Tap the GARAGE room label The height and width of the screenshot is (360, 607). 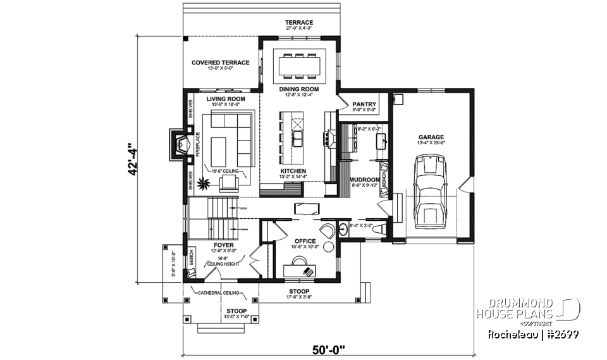point(431,137)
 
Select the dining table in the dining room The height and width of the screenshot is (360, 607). point(300,65)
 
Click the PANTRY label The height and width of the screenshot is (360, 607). point(364,104)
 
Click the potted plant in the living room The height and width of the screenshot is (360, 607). point(204,184)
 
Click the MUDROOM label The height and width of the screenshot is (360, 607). point(364,179)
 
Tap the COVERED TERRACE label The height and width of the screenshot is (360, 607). point(221,63)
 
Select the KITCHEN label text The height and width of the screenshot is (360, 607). point(293,171)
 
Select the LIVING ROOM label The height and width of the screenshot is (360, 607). point(227,99)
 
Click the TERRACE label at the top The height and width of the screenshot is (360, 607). point(299,23)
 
